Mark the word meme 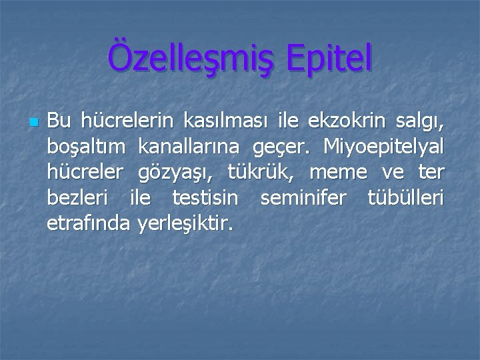[x=338, y=173]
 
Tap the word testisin [x=205, y=198]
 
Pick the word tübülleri [x=405, y=198]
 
